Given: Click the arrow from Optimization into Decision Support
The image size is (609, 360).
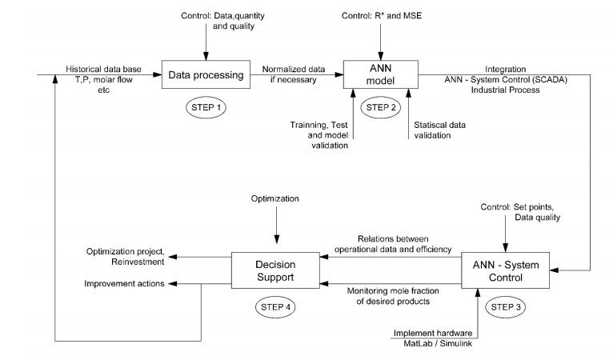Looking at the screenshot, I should click(x=274, y=224).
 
